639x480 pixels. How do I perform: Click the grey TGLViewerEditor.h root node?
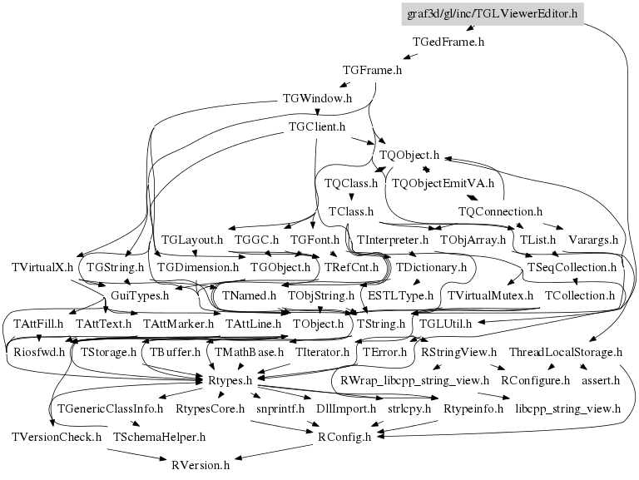click(492, 13)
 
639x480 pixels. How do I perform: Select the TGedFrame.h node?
click(448, 42)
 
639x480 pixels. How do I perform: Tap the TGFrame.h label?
click(373, 71)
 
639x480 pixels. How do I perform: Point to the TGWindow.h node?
click(317, 99)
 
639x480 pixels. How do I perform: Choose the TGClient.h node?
click(316, 127)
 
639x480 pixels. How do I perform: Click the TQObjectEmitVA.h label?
click(443, 183)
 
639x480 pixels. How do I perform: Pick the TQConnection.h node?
click(501, 211)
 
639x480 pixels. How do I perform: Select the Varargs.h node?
click(592, 240)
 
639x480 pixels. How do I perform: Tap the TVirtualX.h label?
click(42, 268)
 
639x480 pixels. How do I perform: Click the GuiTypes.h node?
click(129, 295)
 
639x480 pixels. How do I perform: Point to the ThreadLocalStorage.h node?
click(566, 353)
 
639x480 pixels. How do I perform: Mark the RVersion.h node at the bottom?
click(200, 464)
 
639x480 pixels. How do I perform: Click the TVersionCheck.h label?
click(57, 436)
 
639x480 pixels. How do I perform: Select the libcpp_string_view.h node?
click(568, 408)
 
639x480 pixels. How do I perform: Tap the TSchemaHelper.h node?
click(160, 436)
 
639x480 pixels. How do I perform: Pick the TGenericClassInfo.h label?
click(110, 408)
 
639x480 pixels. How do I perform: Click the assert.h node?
click(600, 380)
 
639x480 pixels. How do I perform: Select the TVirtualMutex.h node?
click(490, 295)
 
